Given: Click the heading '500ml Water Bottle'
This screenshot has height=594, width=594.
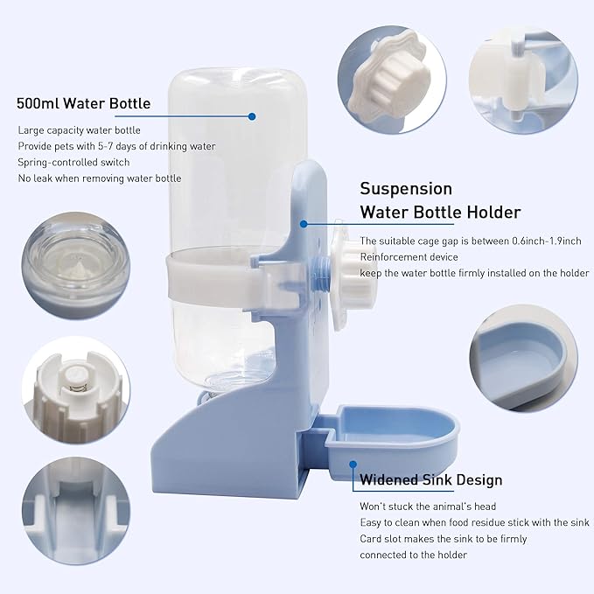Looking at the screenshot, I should click(84, 103).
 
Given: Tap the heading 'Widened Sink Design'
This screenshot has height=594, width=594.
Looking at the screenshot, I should click(430, 479).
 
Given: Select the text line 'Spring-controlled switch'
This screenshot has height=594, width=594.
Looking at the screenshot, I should click(74, 162).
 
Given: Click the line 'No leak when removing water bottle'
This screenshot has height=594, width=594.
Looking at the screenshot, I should click(100, 178).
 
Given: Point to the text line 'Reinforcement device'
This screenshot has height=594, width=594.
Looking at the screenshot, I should click(409, 257).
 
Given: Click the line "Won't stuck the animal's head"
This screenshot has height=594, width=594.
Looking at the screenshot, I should click(428, 507).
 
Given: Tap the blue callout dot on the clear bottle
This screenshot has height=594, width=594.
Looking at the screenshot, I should click(252, 115).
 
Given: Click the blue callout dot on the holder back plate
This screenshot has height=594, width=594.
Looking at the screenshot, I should click(304, 223).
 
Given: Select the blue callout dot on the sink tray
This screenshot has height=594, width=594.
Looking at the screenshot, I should click(353, 467).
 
